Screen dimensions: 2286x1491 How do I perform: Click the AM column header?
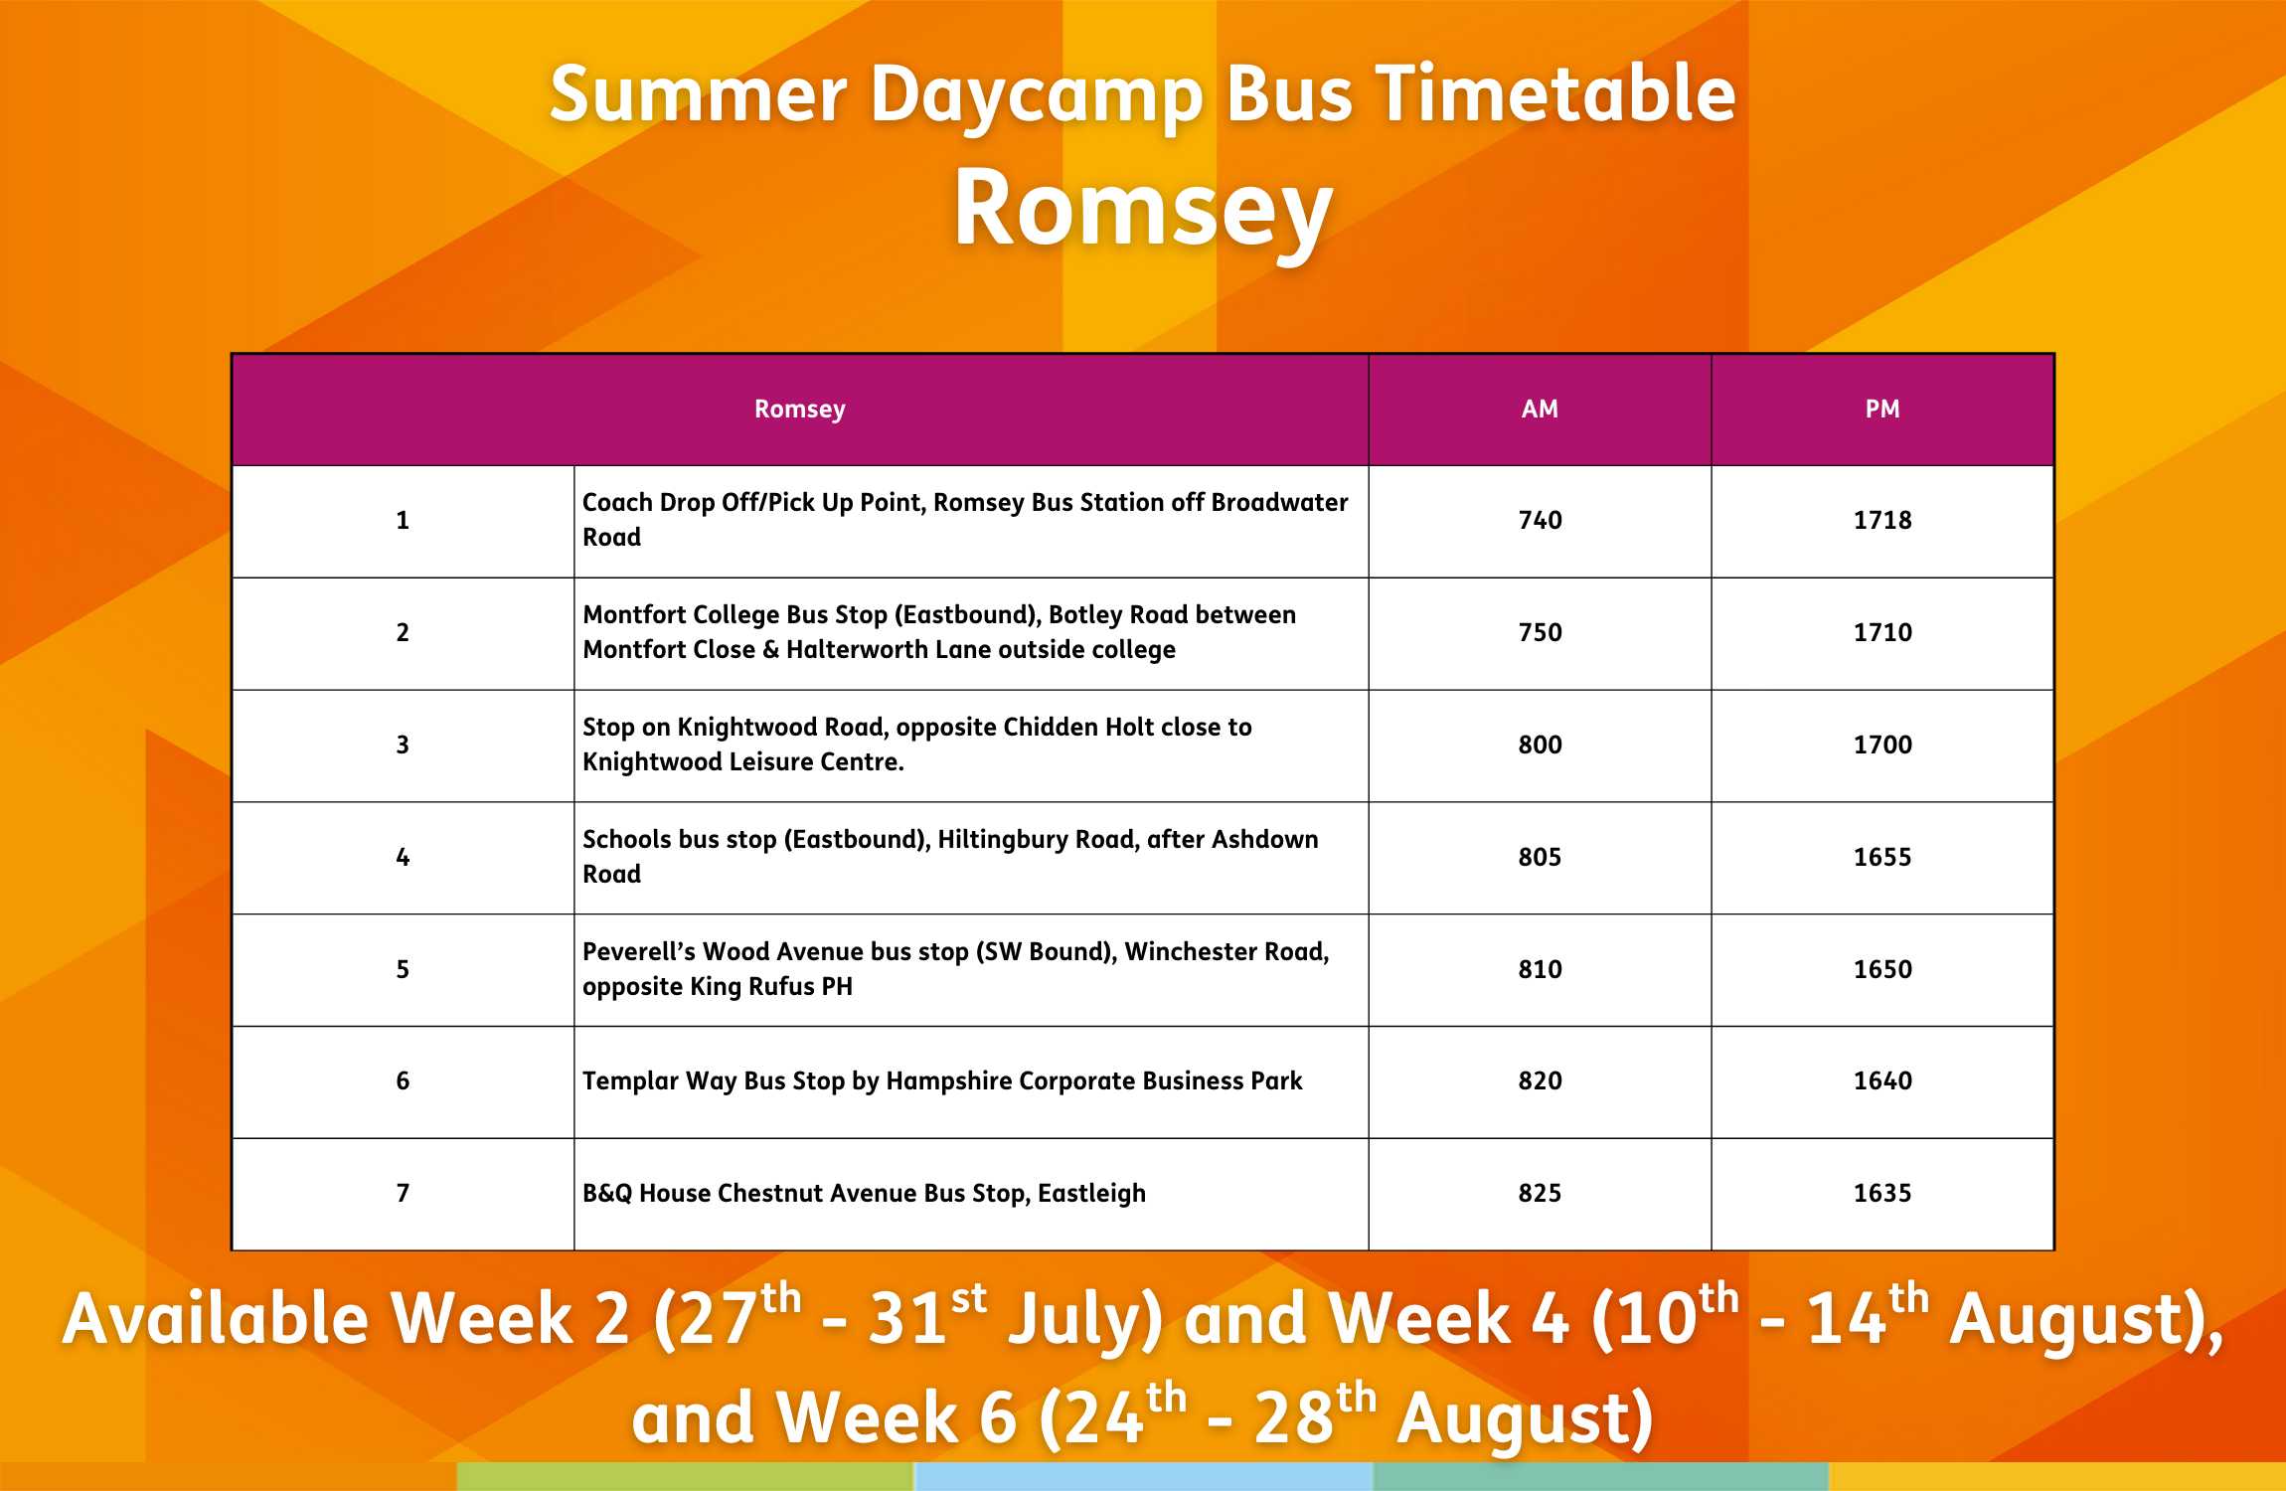(x=1540, y=409)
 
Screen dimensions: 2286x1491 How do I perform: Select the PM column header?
(x=1882, y=409)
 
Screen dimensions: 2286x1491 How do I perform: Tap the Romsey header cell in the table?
(x=800, y=410)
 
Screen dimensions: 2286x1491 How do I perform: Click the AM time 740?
(x=1540, y=520)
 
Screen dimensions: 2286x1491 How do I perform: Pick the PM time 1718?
(x=1882, y=520)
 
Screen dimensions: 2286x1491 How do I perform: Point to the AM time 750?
(x=1540, y=632)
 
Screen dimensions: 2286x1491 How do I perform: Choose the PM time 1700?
(x=1882, y=745)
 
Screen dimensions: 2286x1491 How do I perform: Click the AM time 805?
(x=1540, y=857)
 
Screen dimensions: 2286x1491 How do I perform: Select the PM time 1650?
(x=1882, y=969)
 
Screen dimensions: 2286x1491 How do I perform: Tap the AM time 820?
(x=1540, y=1080)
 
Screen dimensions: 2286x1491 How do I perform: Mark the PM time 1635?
(x=1882, y=1193)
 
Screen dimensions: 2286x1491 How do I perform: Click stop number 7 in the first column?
(x=403, y=1193)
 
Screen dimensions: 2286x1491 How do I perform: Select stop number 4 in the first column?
(x=403, y=857)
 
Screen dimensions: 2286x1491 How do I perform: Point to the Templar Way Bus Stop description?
(x=942, y=1081)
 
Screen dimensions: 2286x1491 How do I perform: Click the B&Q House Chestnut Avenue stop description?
(x=864, y=1194)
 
